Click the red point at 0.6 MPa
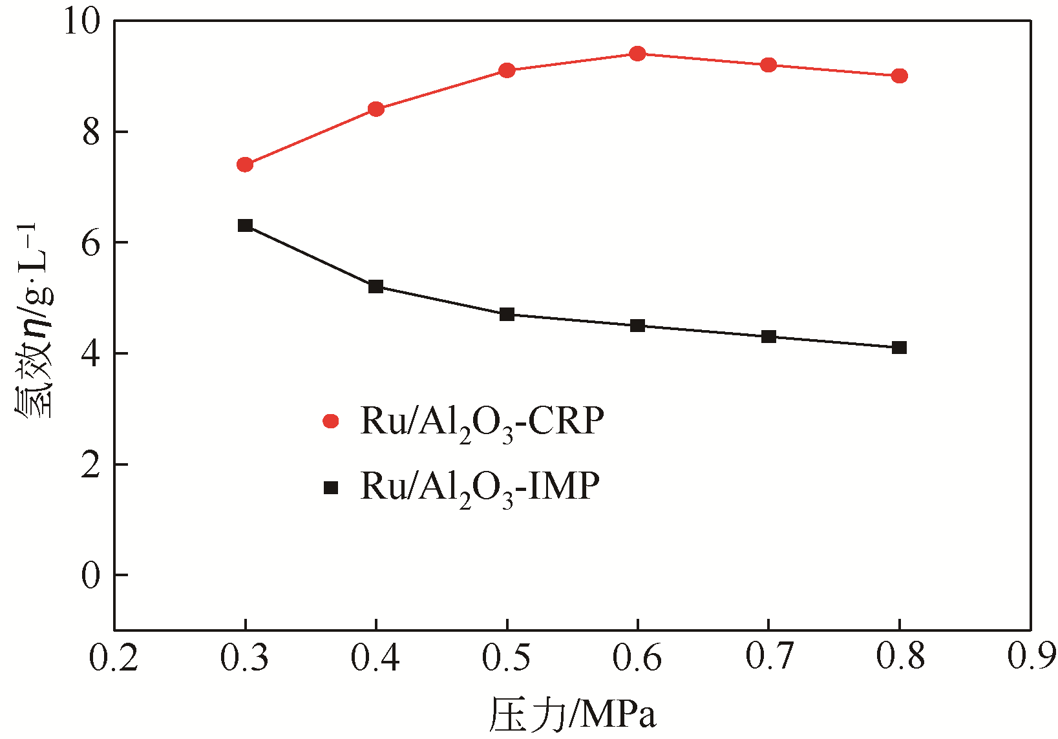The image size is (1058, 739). point(637,54)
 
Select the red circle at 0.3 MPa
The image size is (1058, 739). point(245,165)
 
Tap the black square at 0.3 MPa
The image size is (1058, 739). point(245,225)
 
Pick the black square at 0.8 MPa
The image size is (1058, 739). point(899,348)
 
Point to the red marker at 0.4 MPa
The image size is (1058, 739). point(376,109)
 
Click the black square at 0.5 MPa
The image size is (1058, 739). point(507,315)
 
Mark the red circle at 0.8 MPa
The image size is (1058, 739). point(899,76)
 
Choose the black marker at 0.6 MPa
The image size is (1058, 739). point(637,326)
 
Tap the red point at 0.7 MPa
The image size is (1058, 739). point(768,65)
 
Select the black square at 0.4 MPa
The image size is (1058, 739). point(376,286)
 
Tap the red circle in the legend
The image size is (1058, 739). point(331,421)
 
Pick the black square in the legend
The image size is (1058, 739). point(331,488)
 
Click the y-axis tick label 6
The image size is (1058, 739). point(91,243)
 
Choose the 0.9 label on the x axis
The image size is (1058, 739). point(1032,658)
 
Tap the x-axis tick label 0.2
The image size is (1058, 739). point(114,658)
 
